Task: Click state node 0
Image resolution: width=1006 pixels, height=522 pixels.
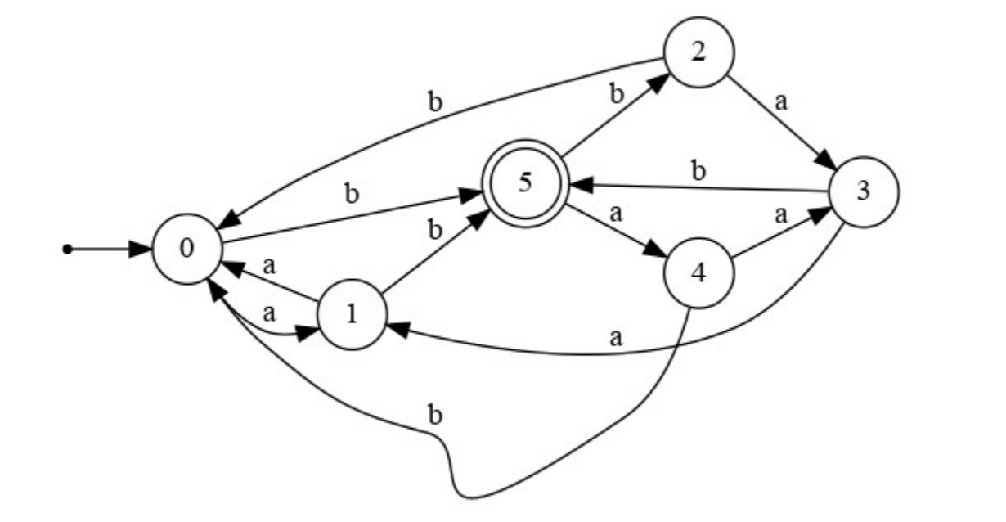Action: coord(187,249)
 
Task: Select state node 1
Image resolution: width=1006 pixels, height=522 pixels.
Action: coord(352,315)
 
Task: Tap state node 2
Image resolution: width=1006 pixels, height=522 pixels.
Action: coord(698,52)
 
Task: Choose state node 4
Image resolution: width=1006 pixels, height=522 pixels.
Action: coord(698,274)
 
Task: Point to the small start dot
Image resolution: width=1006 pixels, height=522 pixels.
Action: coord(68,249)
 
